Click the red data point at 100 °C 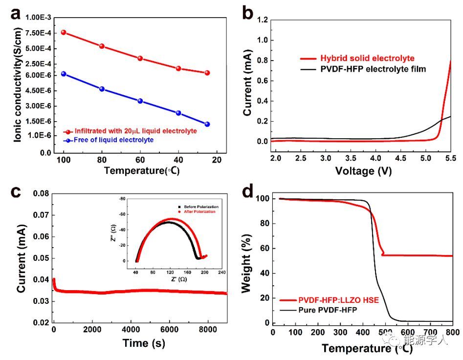tap(64, 32)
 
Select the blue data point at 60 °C tap(140, 101)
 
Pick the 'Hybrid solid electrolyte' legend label tap(367, 58)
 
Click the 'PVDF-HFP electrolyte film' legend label tap(373, 69)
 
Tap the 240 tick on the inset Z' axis tap(221, 272)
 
